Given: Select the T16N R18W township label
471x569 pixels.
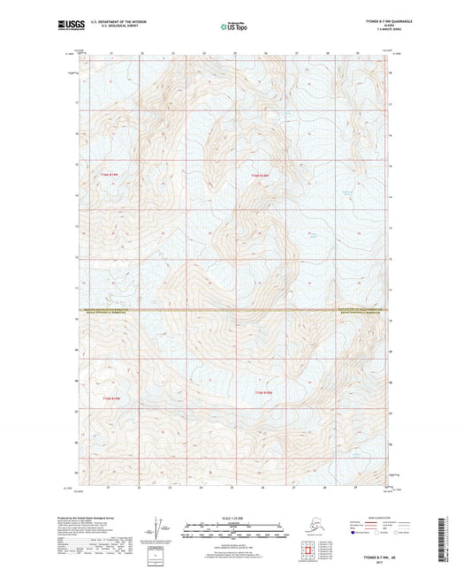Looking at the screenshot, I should point(258,176).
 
